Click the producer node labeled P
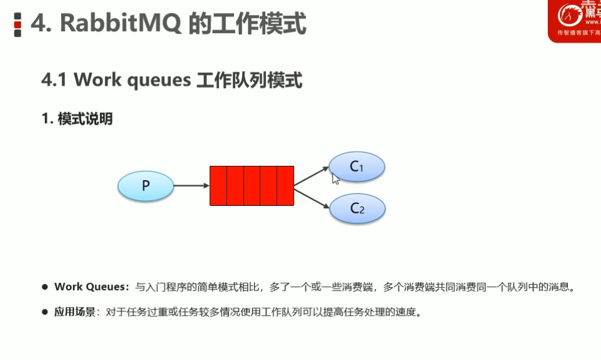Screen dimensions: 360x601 [x=146, y=186]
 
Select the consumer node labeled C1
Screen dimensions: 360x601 [x=356, y=167]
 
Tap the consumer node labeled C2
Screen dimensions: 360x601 [x=357, y=208]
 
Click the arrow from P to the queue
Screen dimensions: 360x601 [x=191, y=186]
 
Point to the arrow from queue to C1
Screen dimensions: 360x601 [x=311, y=176]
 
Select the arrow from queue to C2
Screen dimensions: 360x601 [x=311, y=198]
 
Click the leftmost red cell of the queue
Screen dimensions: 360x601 [x=218, y=186]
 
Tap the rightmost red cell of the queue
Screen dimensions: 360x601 [x=285, y=186]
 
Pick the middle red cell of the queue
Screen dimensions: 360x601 [x=252, y=186]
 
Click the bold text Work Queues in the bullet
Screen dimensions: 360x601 [x=91, y=287]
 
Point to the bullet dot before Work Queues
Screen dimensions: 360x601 [x=45, y=287]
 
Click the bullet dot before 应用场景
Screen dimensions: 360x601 [x=45, y=311]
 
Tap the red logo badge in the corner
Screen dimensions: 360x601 [x=574, y=20]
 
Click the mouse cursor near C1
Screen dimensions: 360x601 [x=335, y=178]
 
